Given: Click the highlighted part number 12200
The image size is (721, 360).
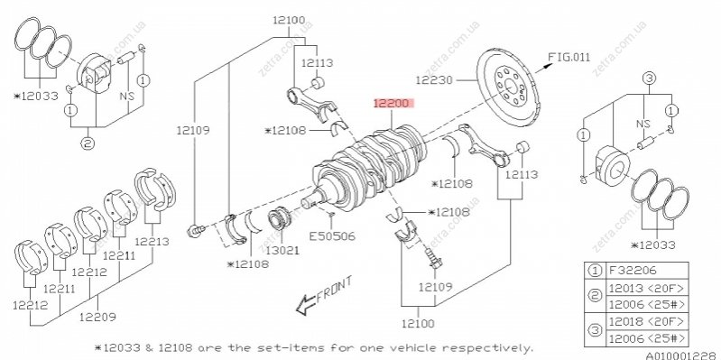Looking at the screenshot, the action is pyautogui.click(x=392, y=104).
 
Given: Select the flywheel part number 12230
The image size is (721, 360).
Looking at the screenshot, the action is pyautogui.click(x=434, y=80).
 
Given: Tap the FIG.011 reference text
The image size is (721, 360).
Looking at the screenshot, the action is pyautogui.click(x=568, y=57).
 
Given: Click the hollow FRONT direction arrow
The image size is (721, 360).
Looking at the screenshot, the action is pyautogui.click(x=305, y=305).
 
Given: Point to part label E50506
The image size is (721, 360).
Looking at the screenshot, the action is pyautogui.click(x=332, y=236).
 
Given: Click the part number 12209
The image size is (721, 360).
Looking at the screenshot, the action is pyautogui.click(x=97, y=317).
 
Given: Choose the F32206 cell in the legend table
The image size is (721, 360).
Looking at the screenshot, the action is pyautogui.click(x=633, y=271).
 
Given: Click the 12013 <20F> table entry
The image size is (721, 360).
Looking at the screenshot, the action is pyautogui.click(x=646, y=289).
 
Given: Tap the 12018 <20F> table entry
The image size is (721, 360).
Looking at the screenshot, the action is pyautogui.click(x=646, y=321).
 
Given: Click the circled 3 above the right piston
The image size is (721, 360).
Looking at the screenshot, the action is pyautogui.click(x=648, y=78).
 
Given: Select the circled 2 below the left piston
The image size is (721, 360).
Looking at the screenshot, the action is pyautogui.click(x=88, y=143).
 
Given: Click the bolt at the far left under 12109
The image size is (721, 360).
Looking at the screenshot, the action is pyautogui.click(x=195, y=229).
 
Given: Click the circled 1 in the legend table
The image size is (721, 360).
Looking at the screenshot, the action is pyautogui.click(x=595, y=271).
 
